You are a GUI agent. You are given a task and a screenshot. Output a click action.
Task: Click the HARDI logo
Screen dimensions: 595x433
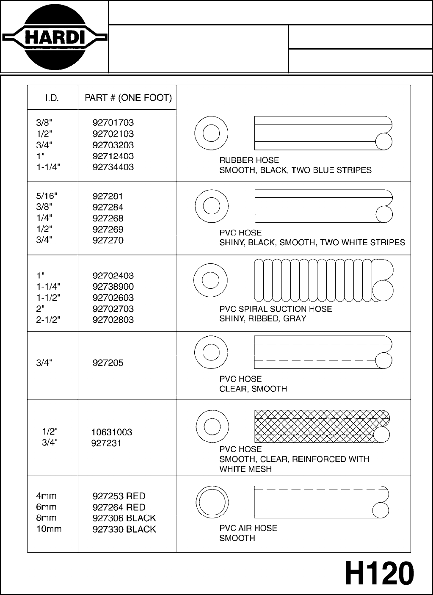(x=54, y=37)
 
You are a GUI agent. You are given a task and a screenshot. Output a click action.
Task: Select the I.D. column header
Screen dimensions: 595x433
(x=52, y=98)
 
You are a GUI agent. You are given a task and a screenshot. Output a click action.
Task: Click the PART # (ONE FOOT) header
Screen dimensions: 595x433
(x=128, y=98)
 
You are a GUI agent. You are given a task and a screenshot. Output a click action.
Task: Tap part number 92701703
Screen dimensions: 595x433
(x=113, y=123)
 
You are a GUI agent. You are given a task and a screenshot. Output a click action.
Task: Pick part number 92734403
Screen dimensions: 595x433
(x=113, y=167)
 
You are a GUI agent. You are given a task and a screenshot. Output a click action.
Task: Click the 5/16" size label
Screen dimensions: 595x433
(x=47, y=196)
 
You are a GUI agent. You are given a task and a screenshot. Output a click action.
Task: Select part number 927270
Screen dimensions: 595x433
(x=108, y=240)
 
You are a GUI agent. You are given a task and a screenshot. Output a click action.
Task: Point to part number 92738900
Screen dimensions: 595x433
(x=113, y=287)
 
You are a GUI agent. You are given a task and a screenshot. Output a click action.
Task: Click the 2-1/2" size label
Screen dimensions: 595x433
(x=48, y=320)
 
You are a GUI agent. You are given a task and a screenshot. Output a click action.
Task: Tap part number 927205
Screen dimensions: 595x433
(x=108, y=363)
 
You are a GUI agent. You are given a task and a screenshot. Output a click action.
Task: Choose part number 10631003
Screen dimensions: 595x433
(x=112, y=432)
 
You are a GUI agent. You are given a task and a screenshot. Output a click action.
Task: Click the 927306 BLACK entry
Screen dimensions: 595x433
(x=124, y=518)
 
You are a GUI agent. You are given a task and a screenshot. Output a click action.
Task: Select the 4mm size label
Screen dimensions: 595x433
(x=46, y=496)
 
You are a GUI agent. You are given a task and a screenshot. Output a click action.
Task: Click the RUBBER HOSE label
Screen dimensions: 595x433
(x=249, y=161)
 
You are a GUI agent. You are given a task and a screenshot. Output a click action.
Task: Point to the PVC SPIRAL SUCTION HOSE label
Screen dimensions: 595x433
(x=276, y=309)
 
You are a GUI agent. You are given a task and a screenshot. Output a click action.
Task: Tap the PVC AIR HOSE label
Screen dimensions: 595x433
(x=248, y=528)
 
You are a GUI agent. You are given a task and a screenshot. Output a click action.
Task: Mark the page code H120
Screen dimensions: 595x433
(x=379, y=574)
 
